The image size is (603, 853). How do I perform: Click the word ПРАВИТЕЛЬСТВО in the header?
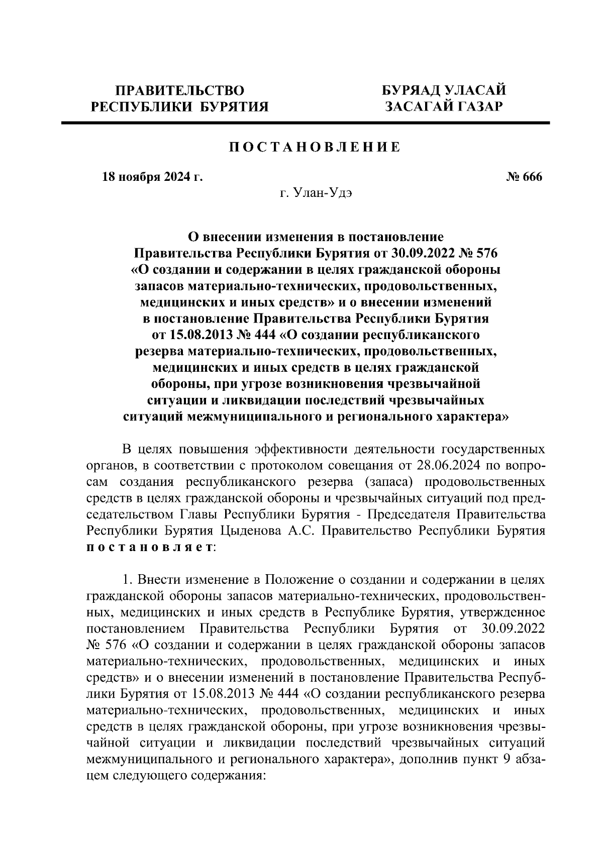point(180,91)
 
